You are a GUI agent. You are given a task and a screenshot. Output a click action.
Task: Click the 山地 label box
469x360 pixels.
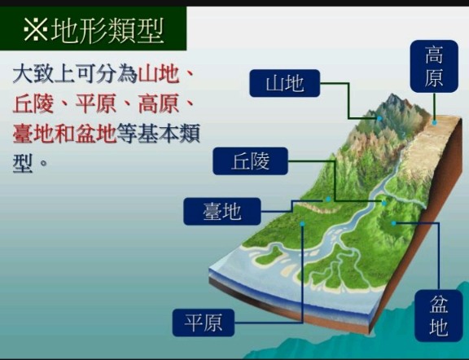(284, 83)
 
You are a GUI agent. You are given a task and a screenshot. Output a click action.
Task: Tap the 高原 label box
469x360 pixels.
(434, 66)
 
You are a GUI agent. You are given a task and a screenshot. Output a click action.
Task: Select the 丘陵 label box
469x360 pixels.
(250, 161)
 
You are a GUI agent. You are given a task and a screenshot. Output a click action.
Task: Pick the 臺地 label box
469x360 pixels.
(222, 211)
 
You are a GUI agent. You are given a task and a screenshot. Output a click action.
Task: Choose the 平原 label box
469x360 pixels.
(204, 323)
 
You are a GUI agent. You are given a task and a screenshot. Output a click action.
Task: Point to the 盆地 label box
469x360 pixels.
(439, 315)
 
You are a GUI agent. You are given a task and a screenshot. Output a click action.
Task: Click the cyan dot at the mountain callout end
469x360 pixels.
(379, 118)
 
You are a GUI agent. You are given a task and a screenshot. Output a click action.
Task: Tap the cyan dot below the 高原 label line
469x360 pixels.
(434, 122)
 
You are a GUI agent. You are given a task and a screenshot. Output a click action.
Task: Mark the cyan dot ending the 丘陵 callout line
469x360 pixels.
(384, 204)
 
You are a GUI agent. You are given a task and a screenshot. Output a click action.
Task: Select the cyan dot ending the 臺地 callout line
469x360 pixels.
(328, 199)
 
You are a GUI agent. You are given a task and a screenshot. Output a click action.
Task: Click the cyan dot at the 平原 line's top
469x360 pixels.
(302, 224)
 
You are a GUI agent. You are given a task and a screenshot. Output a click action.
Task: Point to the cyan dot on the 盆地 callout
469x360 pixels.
(394, 223)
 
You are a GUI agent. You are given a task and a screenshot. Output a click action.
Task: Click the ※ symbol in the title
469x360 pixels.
(35, 29)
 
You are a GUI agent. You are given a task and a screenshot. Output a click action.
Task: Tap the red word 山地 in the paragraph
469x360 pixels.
(159, 74)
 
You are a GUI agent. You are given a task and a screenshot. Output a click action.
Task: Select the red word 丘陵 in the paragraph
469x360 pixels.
(33, 103)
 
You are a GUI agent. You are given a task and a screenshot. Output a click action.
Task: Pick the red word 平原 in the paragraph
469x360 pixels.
(96, 103)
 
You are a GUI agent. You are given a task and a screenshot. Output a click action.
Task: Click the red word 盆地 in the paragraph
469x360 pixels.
(96, 134)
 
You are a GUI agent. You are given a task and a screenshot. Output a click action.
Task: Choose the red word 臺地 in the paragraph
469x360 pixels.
(33, 134)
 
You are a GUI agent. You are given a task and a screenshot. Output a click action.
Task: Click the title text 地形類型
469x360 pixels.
(107, 30)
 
